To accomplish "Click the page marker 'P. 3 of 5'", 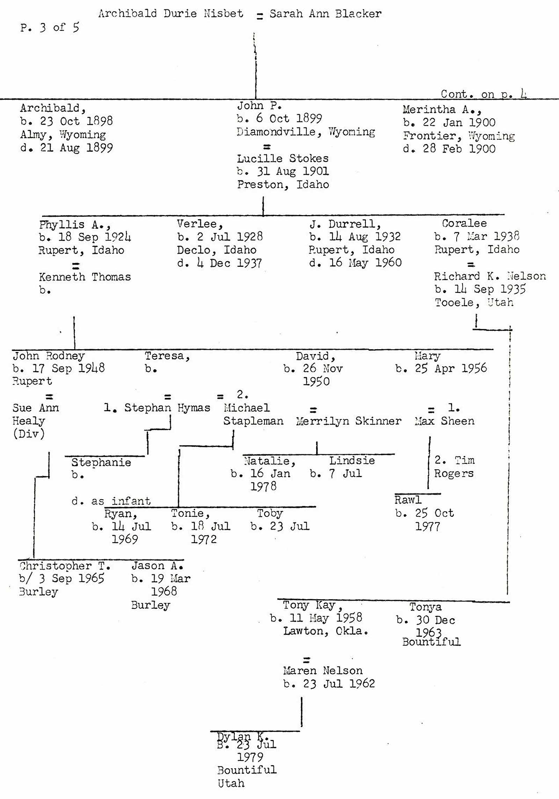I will (50, 27).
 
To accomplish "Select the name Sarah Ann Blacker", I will (325, 14).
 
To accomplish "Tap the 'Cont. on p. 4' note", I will (484, 94).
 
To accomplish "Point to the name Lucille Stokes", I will (283, 159).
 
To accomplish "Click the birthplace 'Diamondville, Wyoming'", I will (306, 132).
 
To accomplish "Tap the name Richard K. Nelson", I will (490, 276).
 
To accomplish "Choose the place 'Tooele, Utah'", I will (474, 302).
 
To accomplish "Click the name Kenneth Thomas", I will (85, 277).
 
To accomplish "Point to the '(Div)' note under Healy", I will (29, 434).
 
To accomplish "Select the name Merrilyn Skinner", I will (348, 421).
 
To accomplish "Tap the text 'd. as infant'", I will (111, 501).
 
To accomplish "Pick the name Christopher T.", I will (65, 565).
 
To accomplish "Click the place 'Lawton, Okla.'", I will (325, 631).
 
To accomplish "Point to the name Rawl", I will (408, 500).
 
